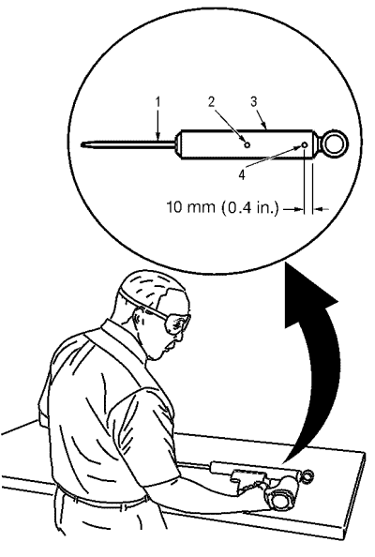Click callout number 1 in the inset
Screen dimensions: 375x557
(158, 102)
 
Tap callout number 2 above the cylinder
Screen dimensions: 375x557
(211, 102)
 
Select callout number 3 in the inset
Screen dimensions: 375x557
(253, 101)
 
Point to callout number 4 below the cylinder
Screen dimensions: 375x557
(242, 174)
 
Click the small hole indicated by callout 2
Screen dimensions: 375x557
(247, 144)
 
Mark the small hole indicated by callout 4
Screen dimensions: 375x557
(305, 145)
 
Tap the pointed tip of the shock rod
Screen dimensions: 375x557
(82, 144)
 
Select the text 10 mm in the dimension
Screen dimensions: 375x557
(190, 206)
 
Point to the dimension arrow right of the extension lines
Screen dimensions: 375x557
(322, 210)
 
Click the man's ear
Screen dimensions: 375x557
(139, 316)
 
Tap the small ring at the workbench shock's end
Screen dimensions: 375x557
(307, 475)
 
